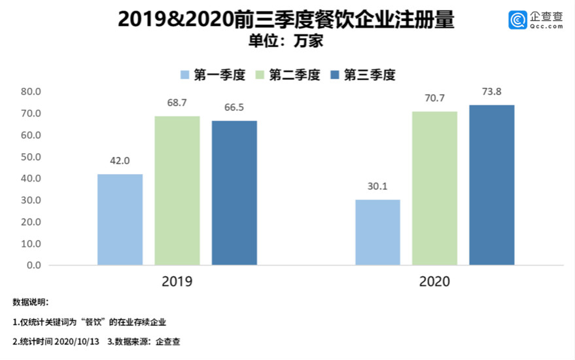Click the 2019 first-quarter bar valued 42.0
pos(120,219)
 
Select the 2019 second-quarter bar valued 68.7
pos(177,190)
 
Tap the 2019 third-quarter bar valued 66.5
pos(234,193)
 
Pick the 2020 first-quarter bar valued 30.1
pos(377,232)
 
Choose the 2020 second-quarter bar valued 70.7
pos(434,189)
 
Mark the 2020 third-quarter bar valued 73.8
pos(492,185)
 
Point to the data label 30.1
pos(377,187)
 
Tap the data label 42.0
pos(120,161)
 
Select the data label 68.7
pos(177,103)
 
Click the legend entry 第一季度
pos(213,75)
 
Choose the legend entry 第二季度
pos(288,75)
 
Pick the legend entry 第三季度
pos(364,75)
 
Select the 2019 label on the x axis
pos(177,282)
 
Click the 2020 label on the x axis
pos(434,282)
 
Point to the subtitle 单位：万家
pos(287,41)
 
